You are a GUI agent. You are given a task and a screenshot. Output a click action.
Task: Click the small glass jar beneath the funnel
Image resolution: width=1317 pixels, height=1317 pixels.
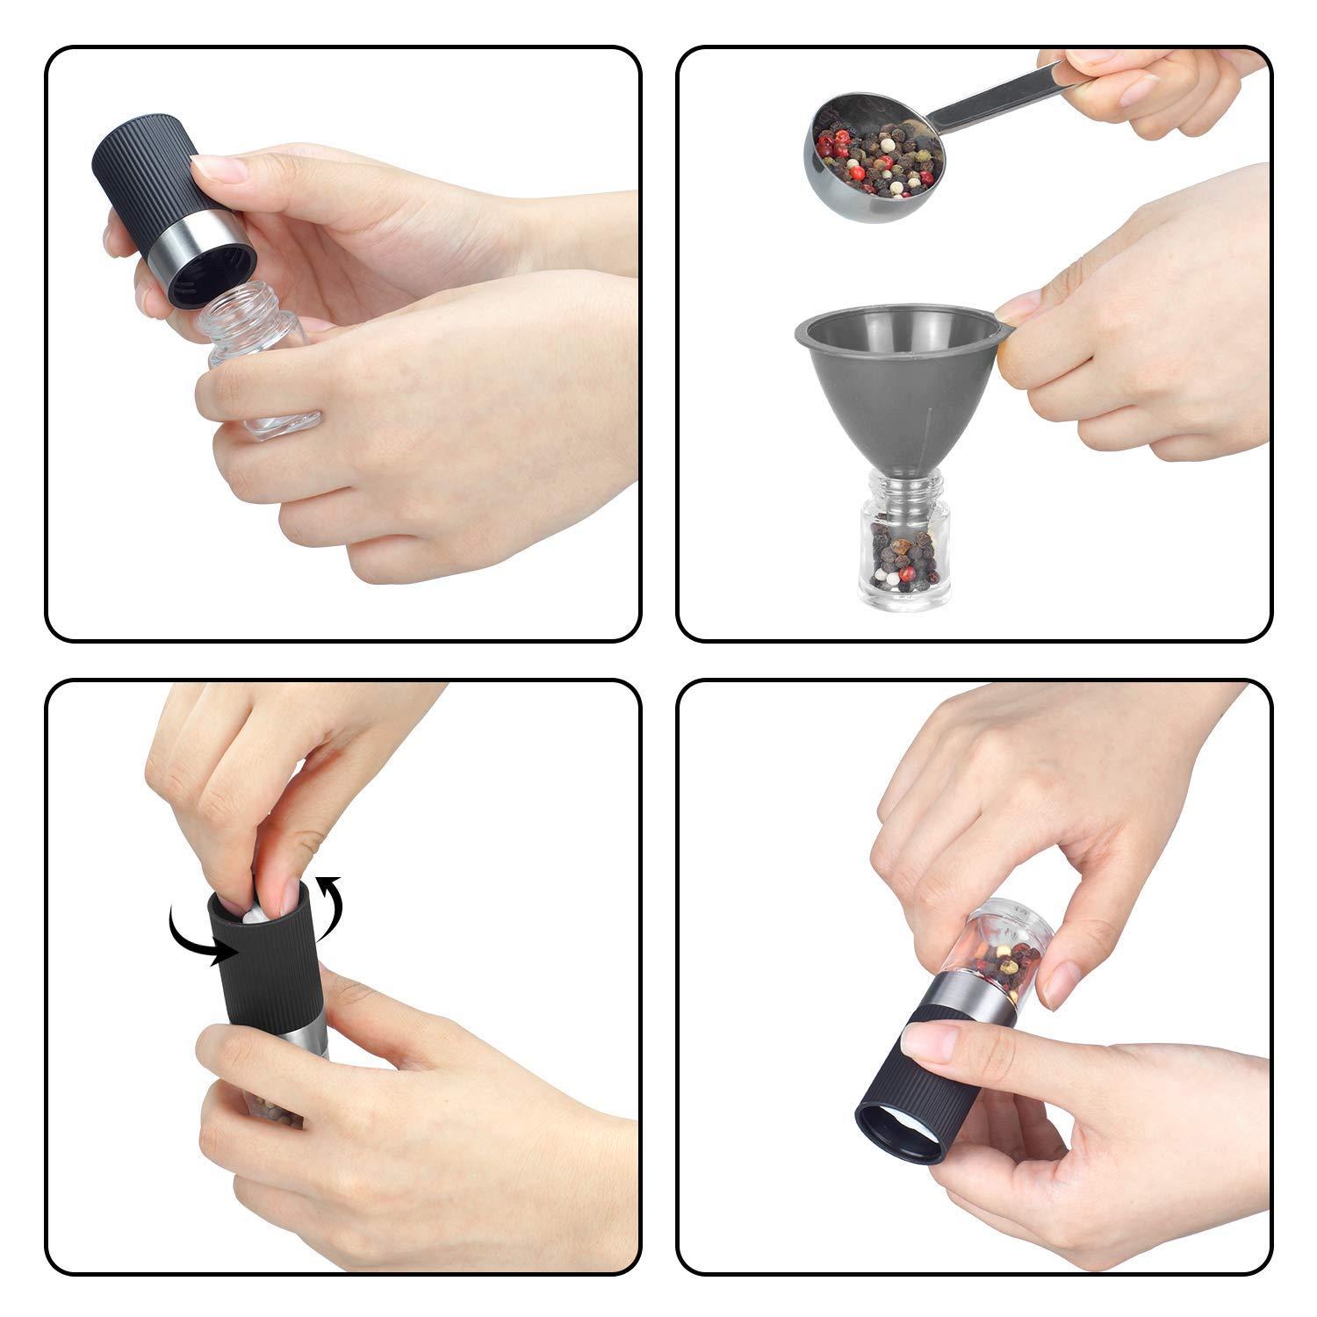(903, 553)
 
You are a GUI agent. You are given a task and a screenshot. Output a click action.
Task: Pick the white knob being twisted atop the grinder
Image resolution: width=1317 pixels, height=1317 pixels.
(255, 913)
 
